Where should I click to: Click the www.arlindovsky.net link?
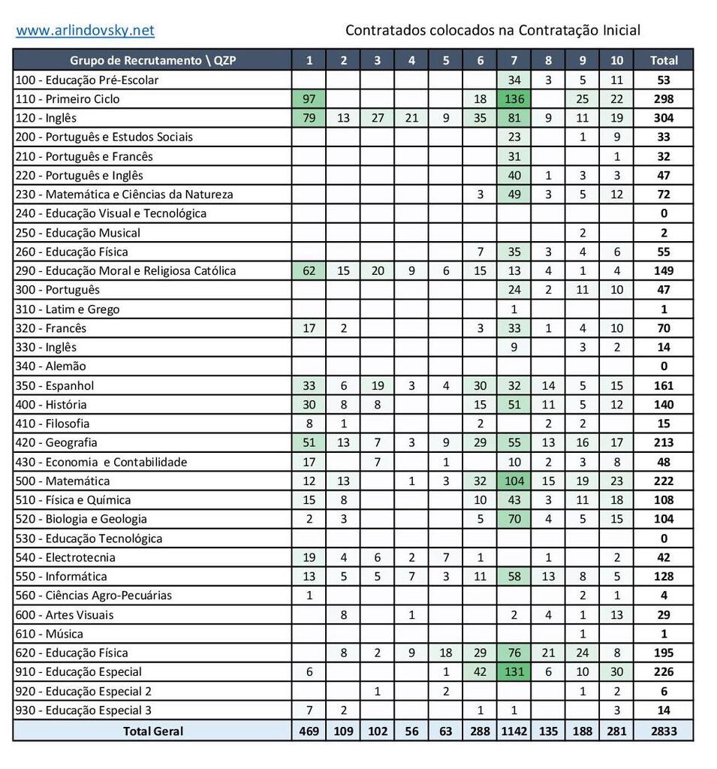click(x=85, y=30)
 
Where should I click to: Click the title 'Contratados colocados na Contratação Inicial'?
click(x=493, y=30)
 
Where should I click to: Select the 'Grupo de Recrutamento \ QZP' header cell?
click(x=152, y=60)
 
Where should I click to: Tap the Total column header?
click(x=663, y=60)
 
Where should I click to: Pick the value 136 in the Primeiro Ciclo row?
click(x=514, y=98)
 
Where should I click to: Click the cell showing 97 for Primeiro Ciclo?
click(x=309, y=98)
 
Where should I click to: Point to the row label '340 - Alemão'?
click(x=51, y=366)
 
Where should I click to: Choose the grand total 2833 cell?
click(x=663, y=730)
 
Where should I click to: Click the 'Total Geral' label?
click(x=152, y=730)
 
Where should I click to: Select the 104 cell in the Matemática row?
click(x=514, y=481)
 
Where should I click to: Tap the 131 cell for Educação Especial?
click(x=514, y=671)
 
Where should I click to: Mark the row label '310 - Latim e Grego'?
click(x=68, y=309)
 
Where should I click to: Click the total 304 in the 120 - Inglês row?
click(x=663, y=117)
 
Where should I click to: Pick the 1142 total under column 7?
click(x=514, y=730)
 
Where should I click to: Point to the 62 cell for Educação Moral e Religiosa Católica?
click(x=309, y=270)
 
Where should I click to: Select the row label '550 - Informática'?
click(x=62, y=576)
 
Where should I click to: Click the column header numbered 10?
click(x=616, y=60)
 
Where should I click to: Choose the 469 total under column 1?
click(x=309, y=730)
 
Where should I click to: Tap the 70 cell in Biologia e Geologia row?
click(x=514, y=519)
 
